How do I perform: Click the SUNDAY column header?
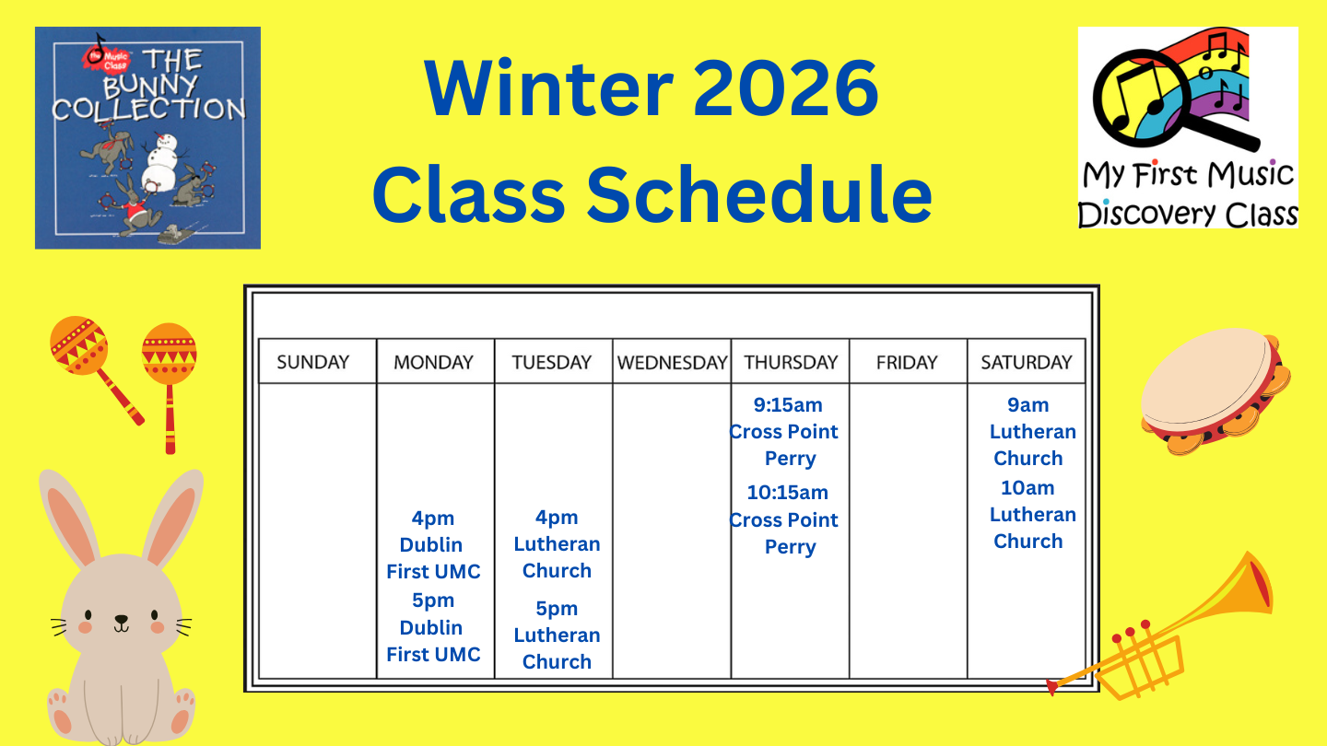coord(313,362)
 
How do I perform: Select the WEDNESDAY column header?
coord(672,362)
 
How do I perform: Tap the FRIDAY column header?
coord(907,362)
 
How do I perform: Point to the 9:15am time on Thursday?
coord(788,405)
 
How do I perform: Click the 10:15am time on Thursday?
coord(788,493)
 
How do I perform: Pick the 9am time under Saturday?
coord(1028,405)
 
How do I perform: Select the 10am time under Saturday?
coord(1028,488)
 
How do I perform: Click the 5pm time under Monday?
coord(433,600)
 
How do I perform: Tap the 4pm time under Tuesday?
coord(557,518)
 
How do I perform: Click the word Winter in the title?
coord(547,88)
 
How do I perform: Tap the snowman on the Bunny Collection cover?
coord(162,166)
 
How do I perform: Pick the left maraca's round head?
coord(77,345)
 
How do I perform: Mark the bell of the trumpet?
coord(1251,580)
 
